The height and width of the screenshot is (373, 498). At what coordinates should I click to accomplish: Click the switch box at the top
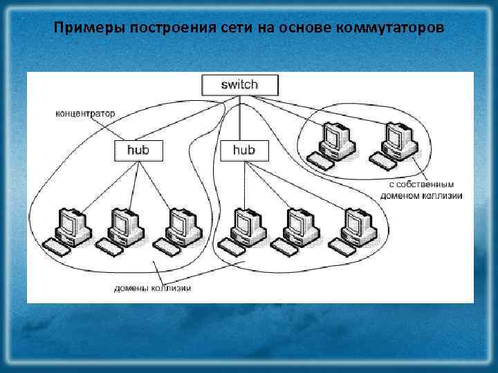point(239,85)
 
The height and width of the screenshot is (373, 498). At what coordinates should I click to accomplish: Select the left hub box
point(138,150)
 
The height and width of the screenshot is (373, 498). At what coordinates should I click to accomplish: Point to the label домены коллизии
point(153,288)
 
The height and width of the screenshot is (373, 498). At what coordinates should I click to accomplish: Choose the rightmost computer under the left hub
point(179,229)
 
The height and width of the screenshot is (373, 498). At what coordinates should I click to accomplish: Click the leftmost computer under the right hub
point(239,229)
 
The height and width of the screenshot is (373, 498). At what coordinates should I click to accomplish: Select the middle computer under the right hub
point(294,229)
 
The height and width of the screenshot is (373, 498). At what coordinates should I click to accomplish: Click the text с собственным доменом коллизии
point(421,190)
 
